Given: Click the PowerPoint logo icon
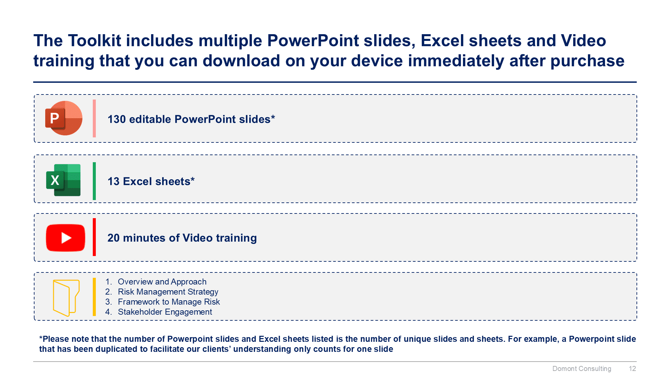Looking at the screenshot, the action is click(64, 118).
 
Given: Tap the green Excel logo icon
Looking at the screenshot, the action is click(63, 180).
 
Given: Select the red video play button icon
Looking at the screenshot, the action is click(66, 238).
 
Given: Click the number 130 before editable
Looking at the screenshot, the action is click(117, 119).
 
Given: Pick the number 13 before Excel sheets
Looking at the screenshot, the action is click(114, 181).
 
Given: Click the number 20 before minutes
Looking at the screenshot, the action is click(114, 238).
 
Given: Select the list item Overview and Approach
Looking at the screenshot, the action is click(162, 282).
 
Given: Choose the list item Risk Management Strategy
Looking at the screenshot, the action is click(168, 292).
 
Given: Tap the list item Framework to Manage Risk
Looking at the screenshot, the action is click(169, 302).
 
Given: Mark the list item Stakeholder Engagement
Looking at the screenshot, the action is click(165, 312).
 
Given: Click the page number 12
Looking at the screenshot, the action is click(632, 369).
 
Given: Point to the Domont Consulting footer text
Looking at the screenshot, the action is click(582, 369).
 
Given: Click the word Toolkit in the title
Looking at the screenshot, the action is click(94, 41).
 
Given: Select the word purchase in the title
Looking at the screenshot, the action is click(587, 61).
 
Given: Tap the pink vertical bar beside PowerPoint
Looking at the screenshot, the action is click(94, 118).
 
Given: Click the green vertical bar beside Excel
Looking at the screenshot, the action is click(94, 181).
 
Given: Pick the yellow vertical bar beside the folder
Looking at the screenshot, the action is click(94, 297).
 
